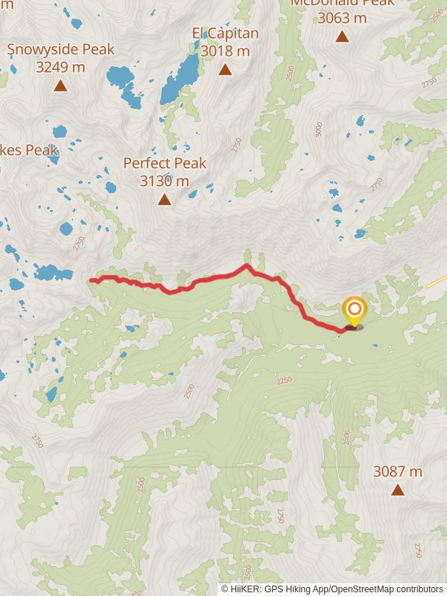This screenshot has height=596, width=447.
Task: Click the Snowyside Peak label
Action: [x=61, y=49]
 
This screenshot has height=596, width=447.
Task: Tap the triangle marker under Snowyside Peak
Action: [x=60, y=86]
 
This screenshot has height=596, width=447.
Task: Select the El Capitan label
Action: [x=225, y=33]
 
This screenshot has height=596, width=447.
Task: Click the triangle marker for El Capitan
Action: [x=225, y=69]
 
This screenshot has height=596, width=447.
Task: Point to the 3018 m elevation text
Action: [x=225, y=51]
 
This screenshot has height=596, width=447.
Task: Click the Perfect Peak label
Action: [x=165, y=162]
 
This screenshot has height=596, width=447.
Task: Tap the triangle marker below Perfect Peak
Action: [x=164, y=199]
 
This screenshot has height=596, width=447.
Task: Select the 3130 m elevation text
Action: [x=164, y=180]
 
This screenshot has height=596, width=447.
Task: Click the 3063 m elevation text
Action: [x=342, y=17]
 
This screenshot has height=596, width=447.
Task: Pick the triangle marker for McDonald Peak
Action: [x=342, y=36]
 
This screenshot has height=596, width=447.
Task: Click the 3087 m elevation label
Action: [x=397, y=471]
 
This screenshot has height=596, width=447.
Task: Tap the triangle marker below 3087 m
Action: [x=398, y=489]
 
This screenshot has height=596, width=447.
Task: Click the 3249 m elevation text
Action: [x=60, y=67]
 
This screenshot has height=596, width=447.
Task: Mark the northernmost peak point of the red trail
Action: [x=247, y=265]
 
